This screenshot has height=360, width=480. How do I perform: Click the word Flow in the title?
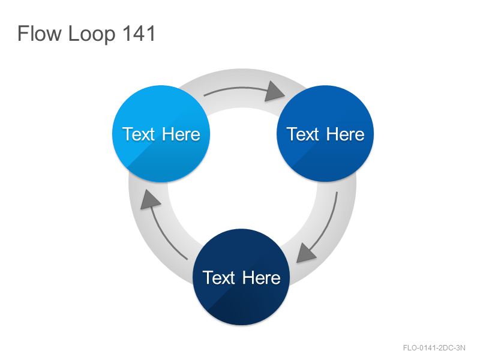39,34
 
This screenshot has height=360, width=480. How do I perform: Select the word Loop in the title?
92,34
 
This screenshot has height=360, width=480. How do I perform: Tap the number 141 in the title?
139,34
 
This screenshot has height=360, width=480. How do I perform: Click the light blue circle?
161,134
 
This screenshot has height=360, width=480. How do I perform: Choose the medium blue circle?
325,134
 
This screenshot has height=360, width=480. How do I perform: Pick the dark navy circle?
241,277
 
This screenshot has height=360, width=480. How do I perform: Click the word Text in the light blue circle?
139,134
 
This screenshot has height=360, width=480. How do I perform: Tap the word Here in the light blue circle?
181,134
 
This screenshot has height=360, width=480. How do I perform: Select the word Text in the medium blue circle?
303,134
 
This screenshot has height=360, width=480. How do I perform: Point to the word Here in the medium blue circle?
346,134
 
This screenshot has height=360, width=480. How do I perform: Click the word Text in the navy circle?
218,278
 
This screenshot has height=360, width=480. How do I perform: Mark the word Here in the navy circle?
262,278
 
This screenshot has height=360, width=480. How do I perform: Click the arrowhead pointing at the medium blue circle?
274,92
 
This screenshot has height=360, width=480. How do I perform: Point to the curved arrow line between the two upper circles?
236,89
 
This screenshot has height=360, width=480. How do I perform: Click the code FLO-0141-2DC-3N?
434,348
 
